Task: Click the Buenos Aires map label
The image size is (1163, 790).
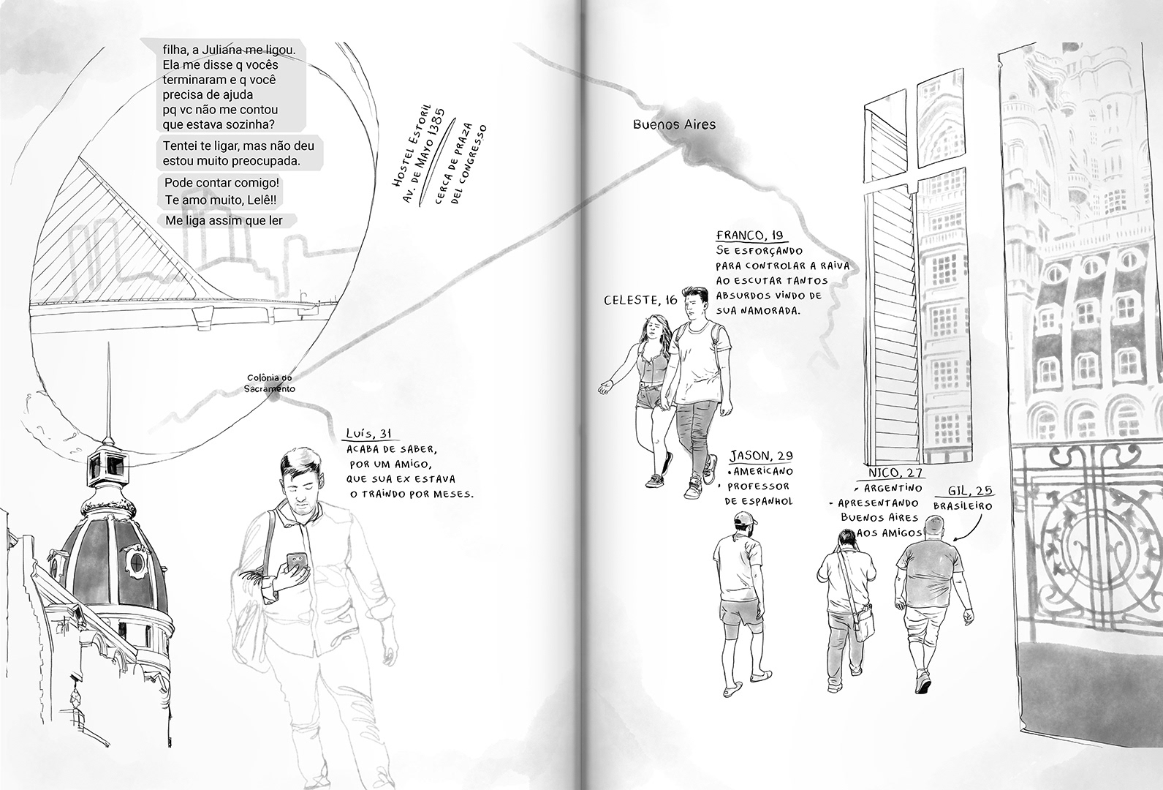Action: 674,124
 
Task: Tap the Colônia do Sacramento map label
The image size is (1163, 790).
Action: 270,384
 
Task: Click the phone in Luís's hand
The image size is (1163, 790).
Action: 297,562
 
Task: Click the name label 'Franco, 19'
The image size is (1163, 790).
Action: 749,236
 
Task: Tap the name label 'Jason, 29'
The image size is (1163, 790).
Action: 761,456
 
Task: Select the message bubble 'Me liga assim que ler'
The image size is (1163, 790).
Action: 223,220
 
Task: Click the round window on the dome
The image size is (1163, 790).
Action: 136,560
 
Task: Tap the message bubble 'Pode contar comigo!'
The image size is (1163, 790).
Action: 222,182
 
